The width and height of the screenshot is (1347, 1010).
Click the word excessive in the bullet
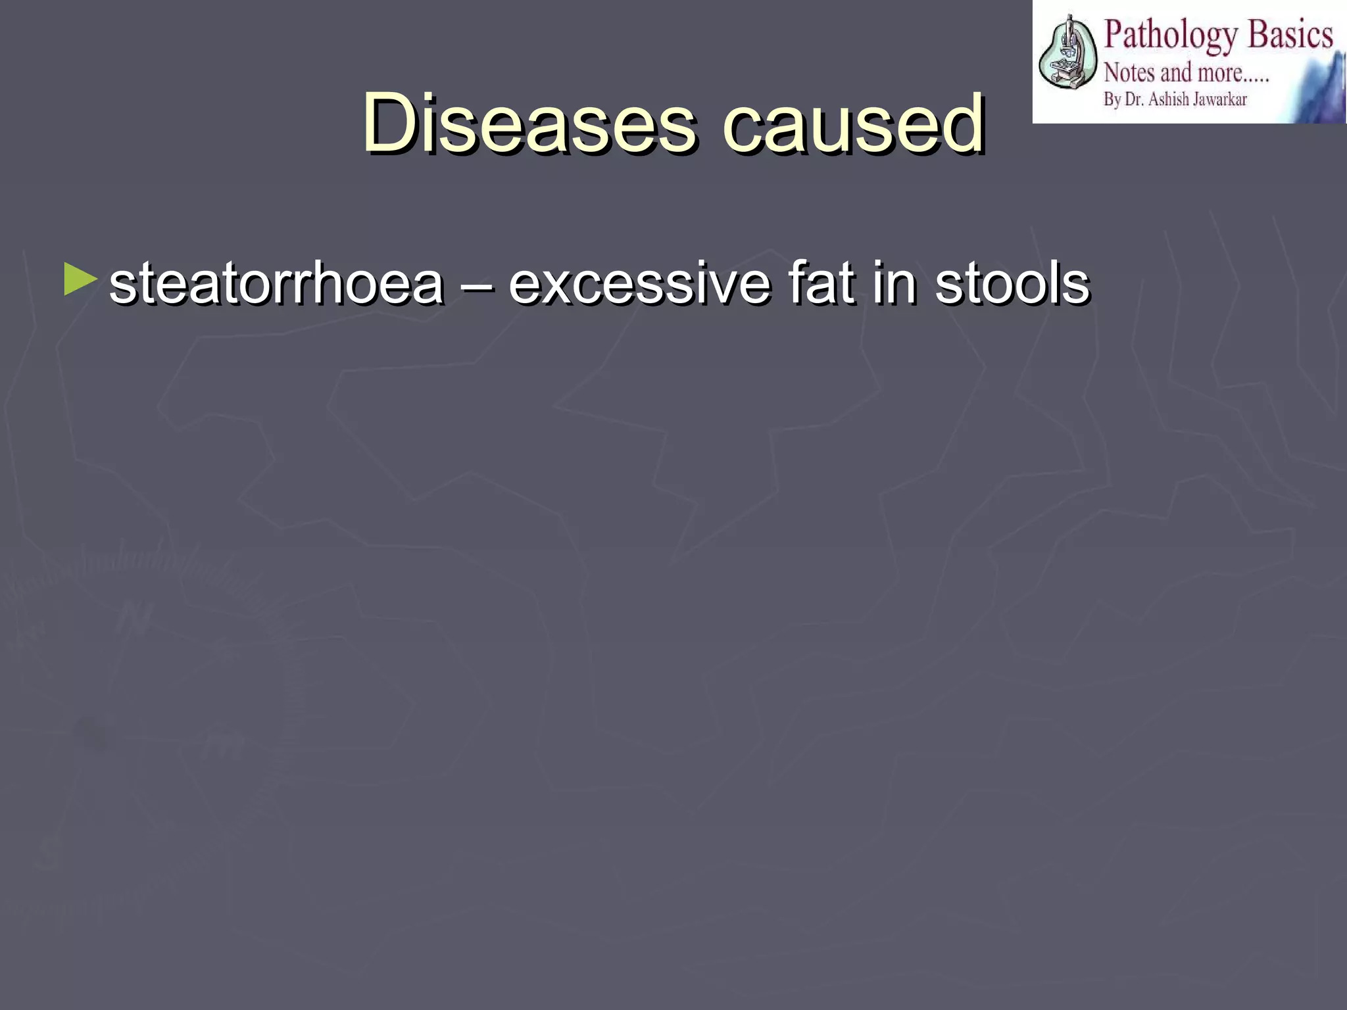click(639, 284)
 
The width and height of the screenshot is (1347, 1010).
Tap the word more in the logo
click(1220, 73)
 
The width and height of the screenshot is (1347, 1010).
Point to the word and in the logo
click(1175, 72)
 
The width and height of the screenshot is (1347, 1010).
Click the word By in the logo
click(1112, 100)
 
